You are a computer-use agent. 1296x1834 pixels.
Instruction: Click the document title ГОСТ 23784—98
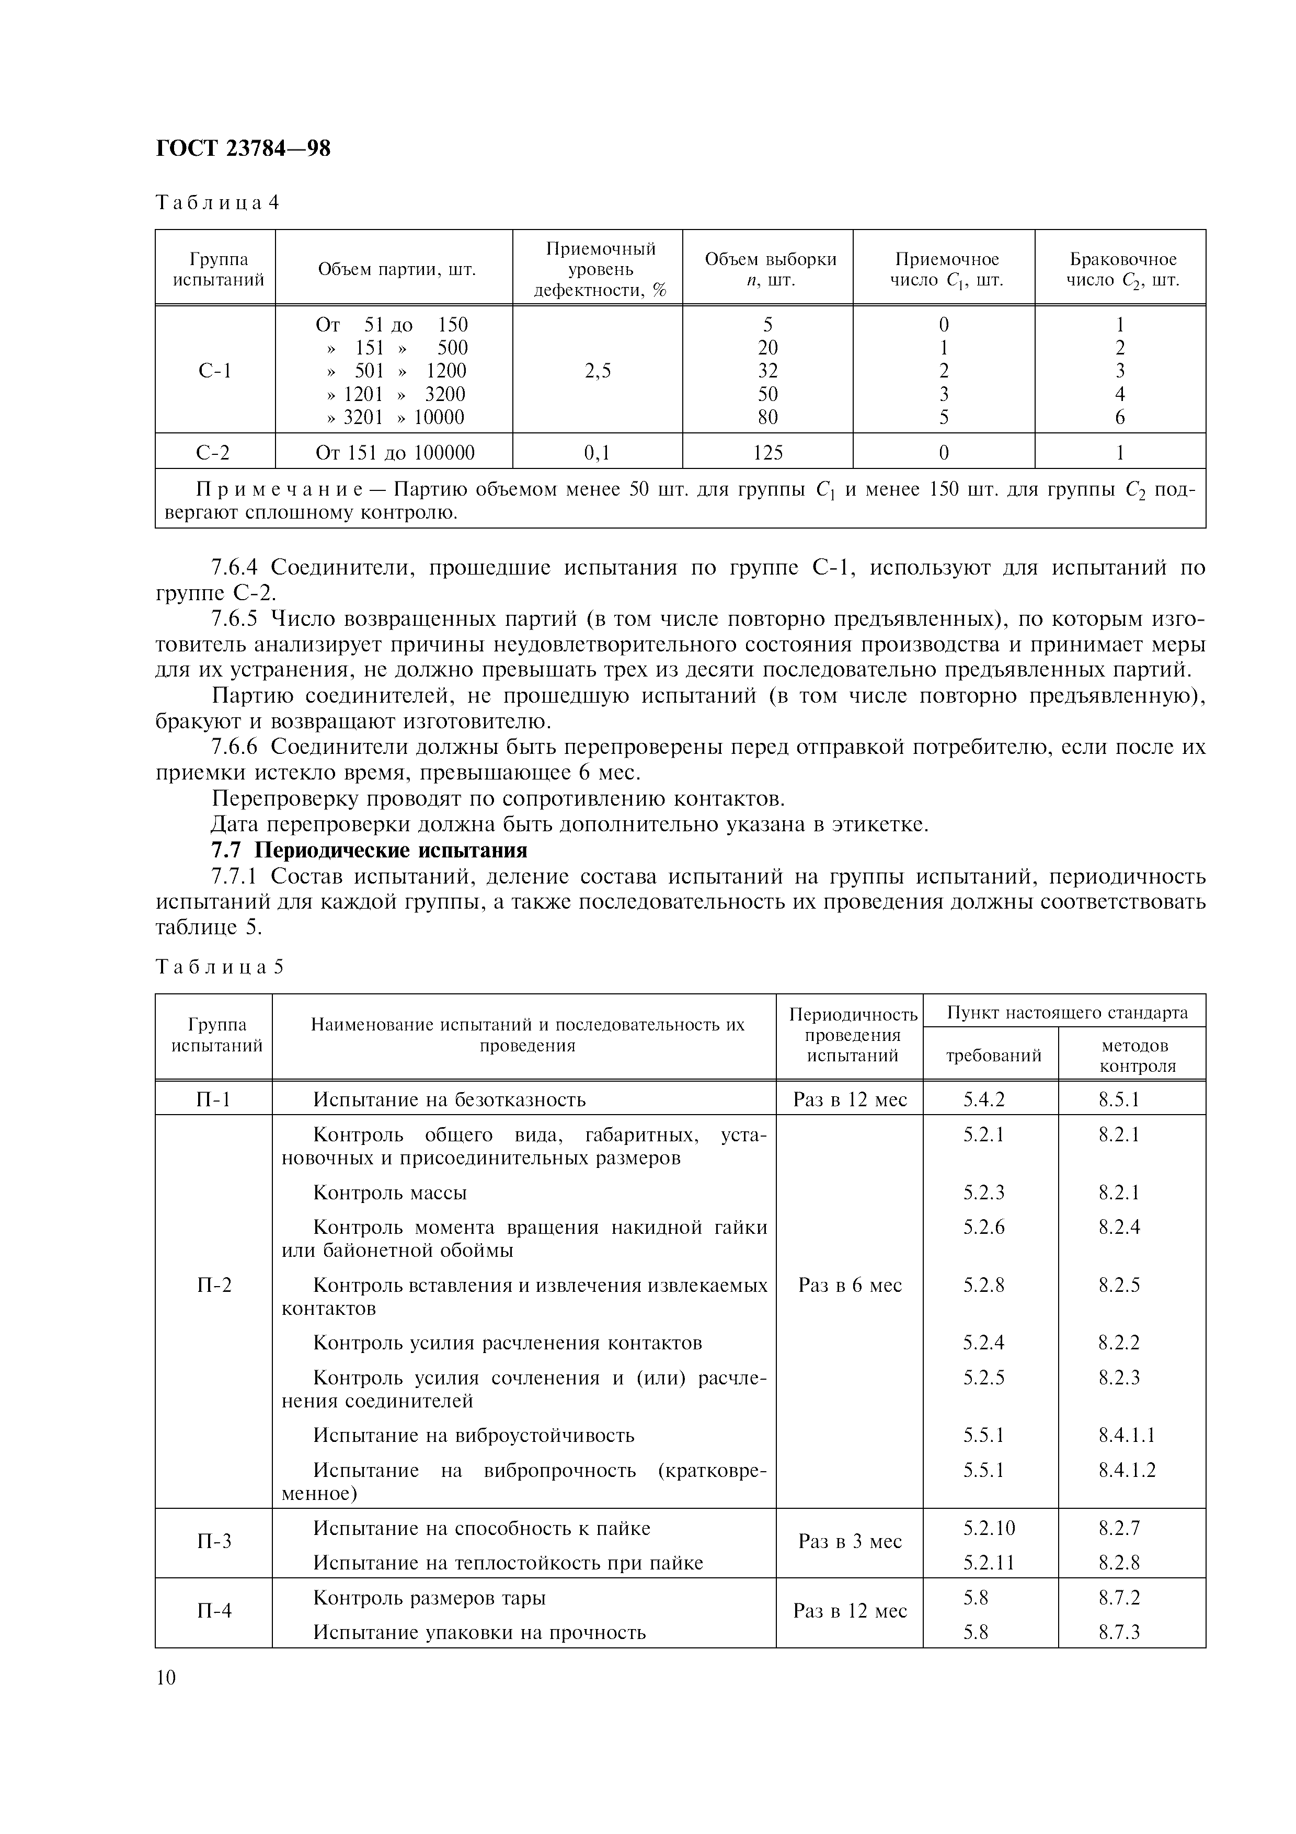[242, 148]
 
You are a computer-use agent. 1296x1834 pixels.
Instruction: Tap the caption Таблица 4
[216, 202]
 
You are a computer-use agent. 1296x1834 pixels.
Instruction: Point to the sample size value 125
[767, 453]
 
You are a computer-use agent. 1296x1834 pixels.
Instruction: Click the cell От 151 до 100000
[395, 453]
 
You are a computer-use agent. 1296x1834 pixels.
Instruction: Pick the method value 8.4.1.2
[1126, 1470]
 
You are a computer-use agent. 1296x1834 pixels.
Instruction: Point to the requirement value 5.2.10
[989, 1528]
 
